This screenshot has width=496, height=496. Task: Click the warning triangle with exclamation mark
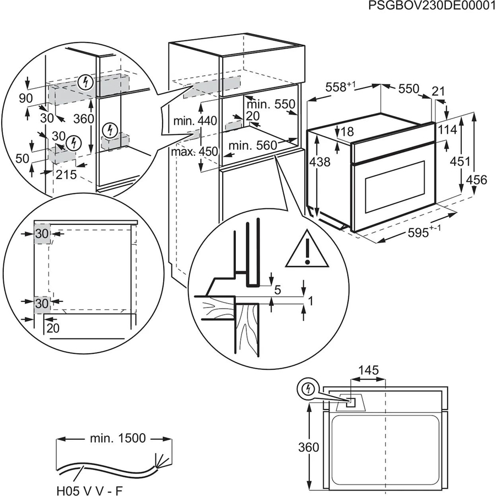(308, 246)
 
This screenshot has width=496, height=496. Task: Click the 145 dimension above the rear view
(368, 370)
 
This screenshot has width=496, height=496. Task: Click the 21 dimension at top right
(439, 91)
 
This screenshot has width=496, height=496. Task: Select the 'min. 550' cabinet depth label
(271, 104)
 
